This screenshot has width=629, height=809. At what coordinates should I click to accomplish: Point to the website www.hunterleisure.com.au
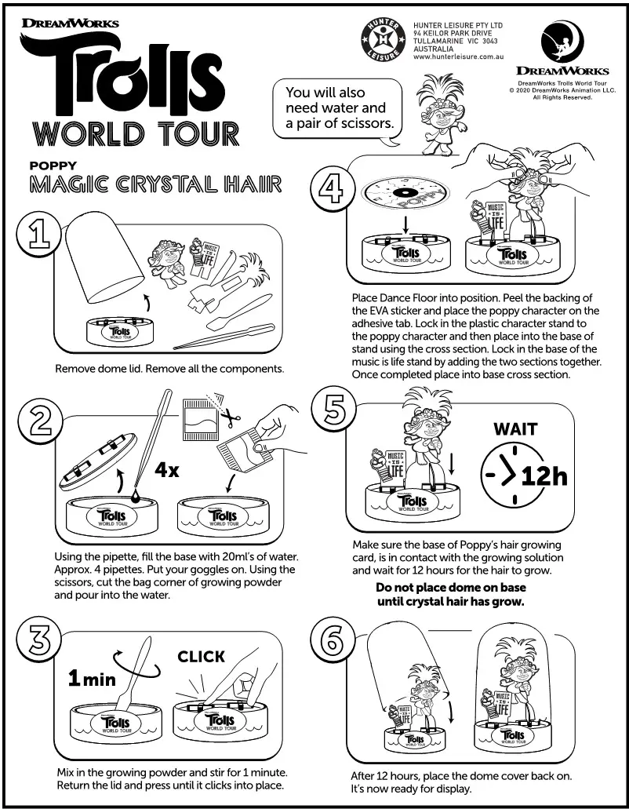[x=457, y=57]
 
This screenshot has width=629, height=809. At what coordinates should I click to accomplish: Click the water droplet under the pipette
[x=137, y=496]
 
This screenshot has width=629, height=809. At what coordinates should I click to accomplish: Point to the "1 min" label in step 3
[x=91, y=678]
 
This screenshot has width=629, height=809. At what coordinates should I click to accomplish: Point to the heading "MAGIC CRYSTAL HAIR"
[x=155, y=185]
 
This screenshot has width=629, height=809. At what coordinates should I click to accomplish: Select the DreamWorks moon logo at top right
[x=562, y=42]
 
